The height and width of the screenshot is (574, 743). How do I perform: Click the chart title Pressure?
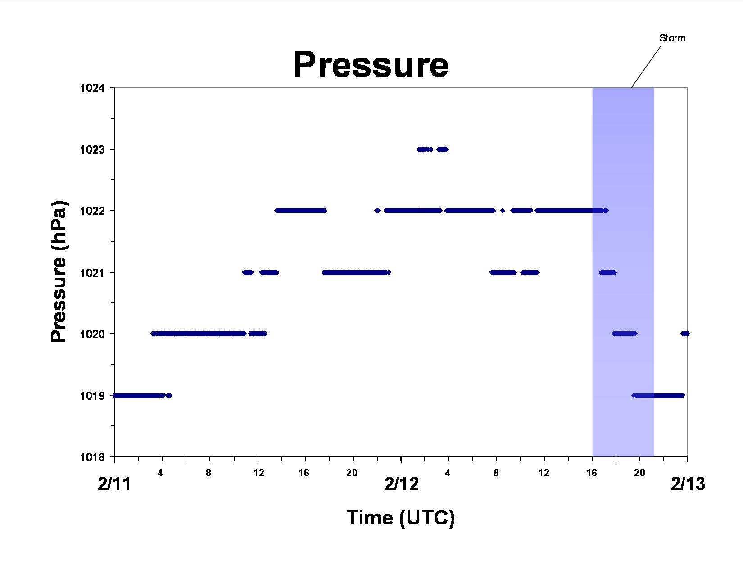[371, 65]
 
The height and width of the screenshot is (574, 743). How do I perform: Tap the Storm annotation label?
[672, 38]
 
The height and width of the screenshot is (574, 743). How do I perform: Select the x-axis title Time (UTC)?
[401, 518]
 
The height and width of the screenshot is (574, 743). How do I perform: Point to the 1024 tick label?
[92, 88]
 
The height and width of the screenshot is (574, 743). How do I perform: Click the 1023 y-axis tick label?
[92, 150]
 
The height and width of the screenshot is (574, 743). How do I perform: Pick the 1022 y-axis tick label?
[92, 211]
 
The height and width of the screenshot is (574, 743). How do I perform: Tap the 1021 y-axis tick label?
[92, 272]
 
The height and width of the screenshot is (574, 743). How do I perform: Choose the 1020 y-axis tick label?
[92, 334]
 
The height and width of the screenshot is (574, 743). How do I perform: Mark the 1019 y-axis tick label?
[92, 396]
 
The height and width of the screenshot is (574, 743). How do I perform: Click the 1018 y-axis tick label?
[92, 457]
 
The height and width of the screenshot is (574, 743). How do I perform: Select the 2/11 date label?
[114, 484]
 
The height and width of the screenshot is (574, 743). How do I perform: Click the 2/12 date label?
[401, 484]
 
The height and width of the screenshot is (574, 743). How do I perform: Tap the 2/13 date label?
[688, 484]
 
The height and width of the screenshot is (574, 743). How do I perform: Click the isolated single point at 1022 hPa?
[503, 211]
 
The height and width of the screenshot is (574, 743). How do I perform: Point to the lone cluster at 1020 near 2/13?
[685, 334]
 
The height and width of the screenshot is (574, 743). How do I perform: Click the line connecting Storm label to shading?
[646, 67]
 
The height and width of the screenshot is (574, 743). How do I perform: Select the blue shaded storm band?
[623, 272]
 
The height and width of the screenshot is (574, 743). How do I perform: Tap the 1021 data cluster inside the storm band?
[608, 272]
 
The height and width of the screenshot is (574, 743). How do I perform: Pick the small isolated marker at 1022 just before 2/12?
[377, 211]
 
